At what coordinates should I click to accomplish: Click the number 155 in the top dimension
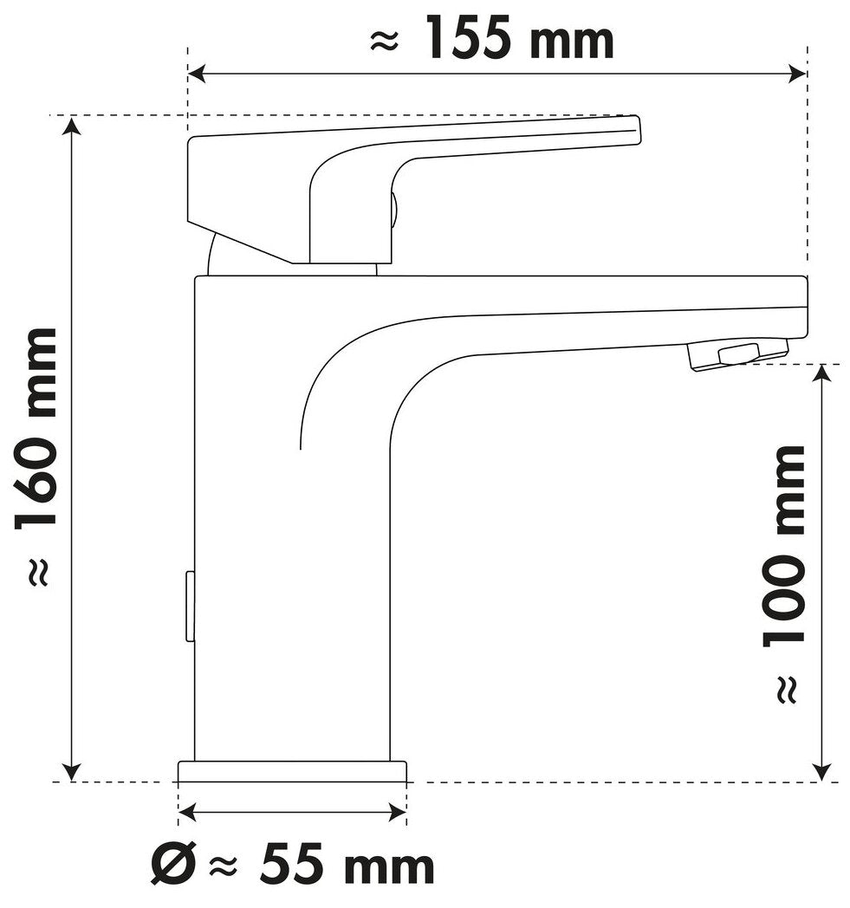[469, 39]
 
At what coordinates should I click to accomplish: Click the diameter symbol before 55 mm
[172, 866]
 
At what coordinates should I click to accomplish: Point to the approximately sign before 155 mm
[385, 42]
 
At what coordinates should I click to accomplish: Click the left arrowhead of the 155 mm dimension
[197, 75]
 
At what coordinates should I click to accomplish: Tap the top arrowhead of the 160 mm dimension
[71, 126]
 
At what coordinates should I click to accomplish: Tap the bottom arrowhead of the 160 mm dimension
[71, 772]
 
